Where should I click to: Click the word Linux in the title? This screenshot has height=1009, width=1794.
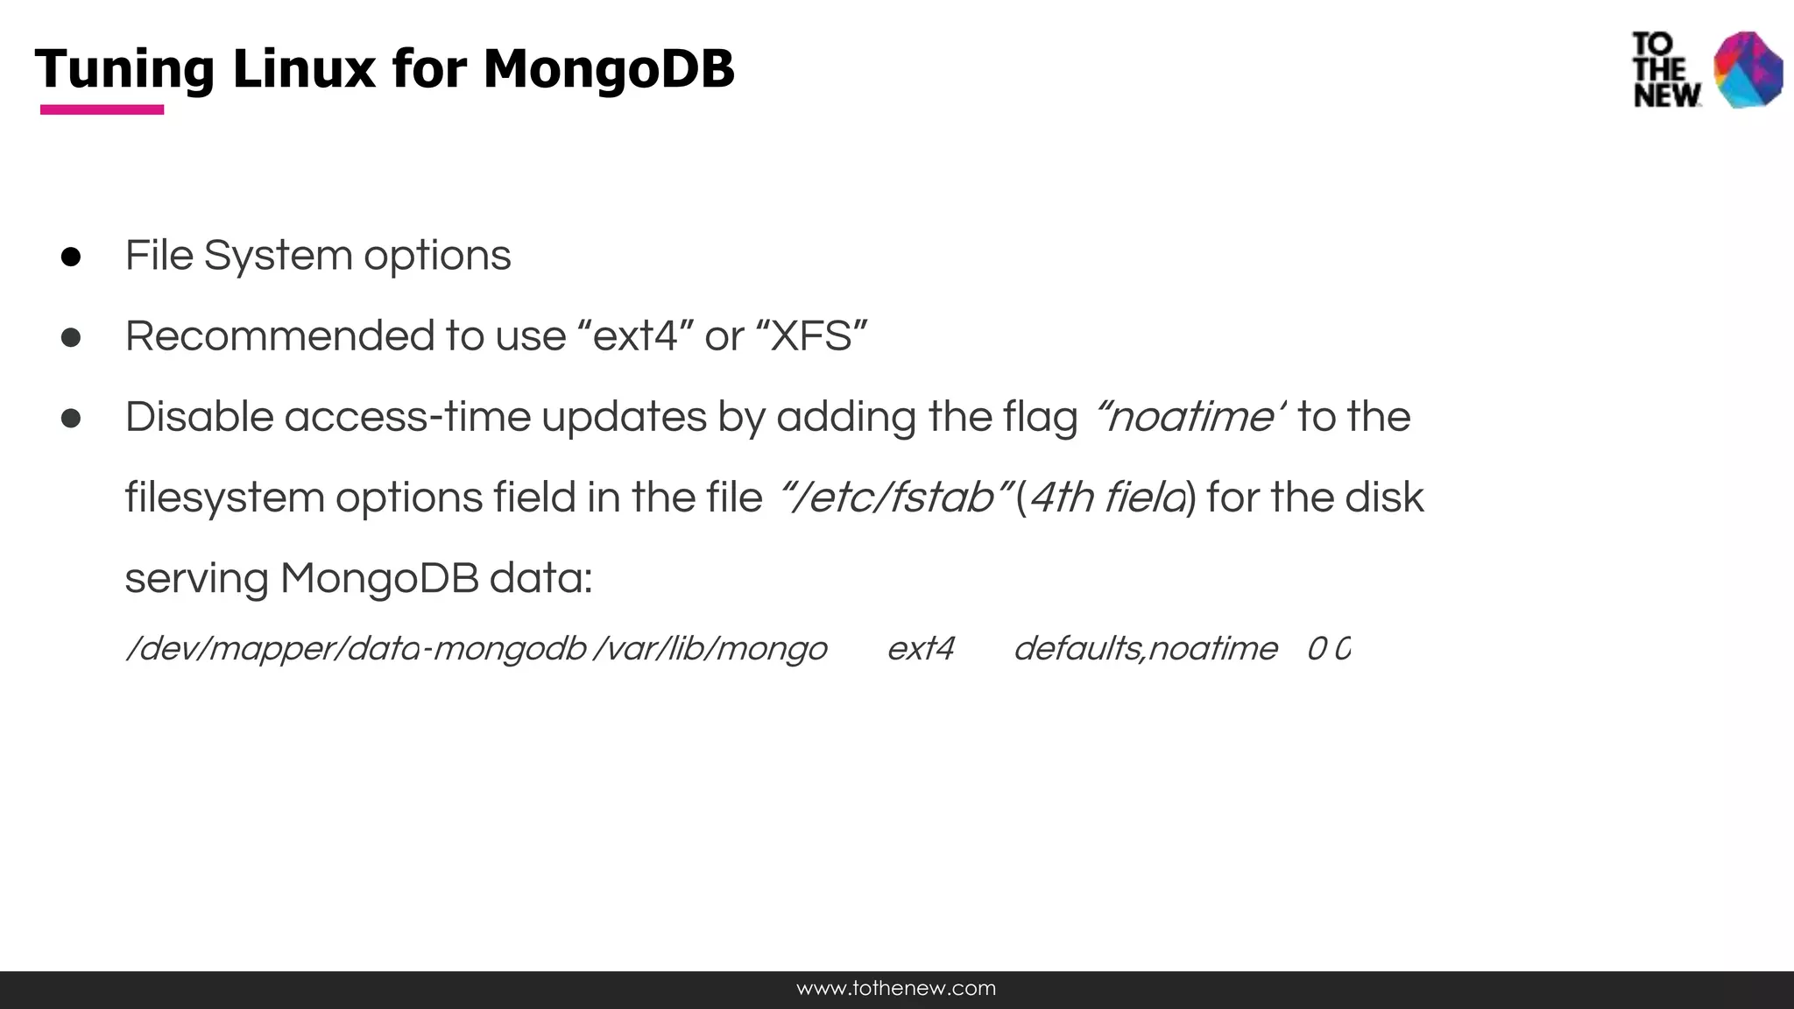point(304,69)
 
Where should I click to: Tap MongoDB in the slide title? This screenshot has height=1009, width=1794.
point(608,69)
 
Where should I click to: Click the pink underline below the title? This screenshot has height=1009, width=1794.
point(102,109)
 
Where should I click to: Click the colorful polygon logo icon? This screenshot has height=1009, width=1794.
point(1748,70)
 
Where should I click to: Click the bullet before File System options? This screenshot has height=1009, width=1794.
point(71,257)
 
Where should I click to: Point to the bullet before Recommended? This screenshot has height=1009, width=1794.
point(71,337)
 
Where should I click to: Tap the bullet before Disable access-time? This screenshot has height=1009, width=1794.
point(71,418)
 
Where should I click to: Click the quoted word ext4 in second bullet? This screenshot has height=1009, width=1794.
point(635,336)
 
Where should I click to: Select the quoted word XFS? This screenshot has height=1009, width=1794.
point(811,336)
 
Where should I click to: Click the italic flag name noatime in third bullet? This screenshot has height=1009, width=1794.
point(1188,417)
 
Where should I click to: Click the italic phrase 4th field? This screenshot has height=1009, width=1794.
point(1107,497)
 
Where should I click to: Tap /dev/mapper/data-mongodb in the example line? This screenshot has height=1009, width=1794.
point(356,649)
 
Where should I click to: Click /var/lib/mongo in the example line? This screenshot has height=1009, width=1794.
point(710,649)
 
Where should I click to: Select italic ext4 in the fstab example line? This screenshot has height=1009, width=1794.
point(920,649)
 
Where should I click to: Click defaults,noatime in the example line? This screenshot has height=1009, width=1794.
point(1145,649)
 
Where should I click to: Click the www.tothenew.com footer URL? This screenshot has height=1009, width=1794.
point(896,989)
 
